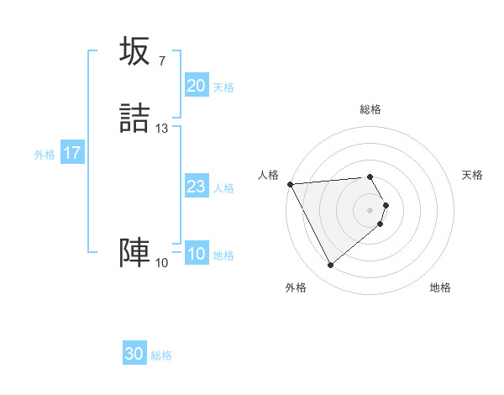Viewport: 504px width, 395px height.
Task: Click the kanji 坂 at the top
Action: point(134,52)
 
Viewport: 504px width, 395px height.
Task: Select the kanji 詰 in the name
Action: point(134,118)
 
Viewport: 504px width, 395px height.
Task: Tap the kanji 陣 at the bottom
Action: point(134,253)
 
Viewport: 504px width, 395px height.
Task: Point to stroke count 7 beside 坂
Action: point(161,61)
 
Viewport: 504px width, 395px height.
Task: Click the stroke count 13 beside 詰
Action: point(162,128)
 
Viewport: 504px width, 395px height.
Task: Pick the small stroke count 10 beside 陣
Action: point(161,263)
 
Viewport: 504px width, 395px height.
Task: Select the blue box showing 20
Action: point(196,86)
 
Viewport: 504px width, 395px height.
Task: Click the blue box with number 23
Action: point(196,187)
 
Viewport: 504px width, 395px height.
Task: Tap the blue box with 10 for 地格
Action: point(196,254)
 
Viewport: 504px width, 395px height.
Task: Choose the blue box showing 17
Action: point(72,153)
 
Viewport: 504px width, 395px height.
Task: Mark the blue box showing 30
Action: point(134,354)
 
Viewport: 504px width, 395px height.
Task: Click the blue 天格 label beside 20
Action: point(223,87)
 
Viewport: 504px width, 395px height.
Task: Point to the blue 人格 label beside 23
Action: point(223,188)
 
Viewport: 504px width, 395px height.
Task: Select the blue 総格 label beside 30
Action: point(161,355)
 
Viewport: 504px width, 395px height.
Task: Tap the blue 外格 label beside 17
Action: point(45,155)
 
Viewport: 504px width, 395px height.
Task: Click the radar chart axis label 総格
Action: point(370,109)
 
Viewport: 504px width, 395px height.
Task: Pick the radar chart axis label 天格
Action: point(473,175)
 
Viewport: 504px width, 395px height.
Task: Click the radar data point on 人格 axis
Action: point(290,184)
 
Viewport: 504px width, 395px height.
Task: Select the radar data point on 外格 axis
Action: point(330,266)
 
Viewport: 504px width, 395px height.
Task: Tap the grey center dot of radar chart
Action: point(370,209)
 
